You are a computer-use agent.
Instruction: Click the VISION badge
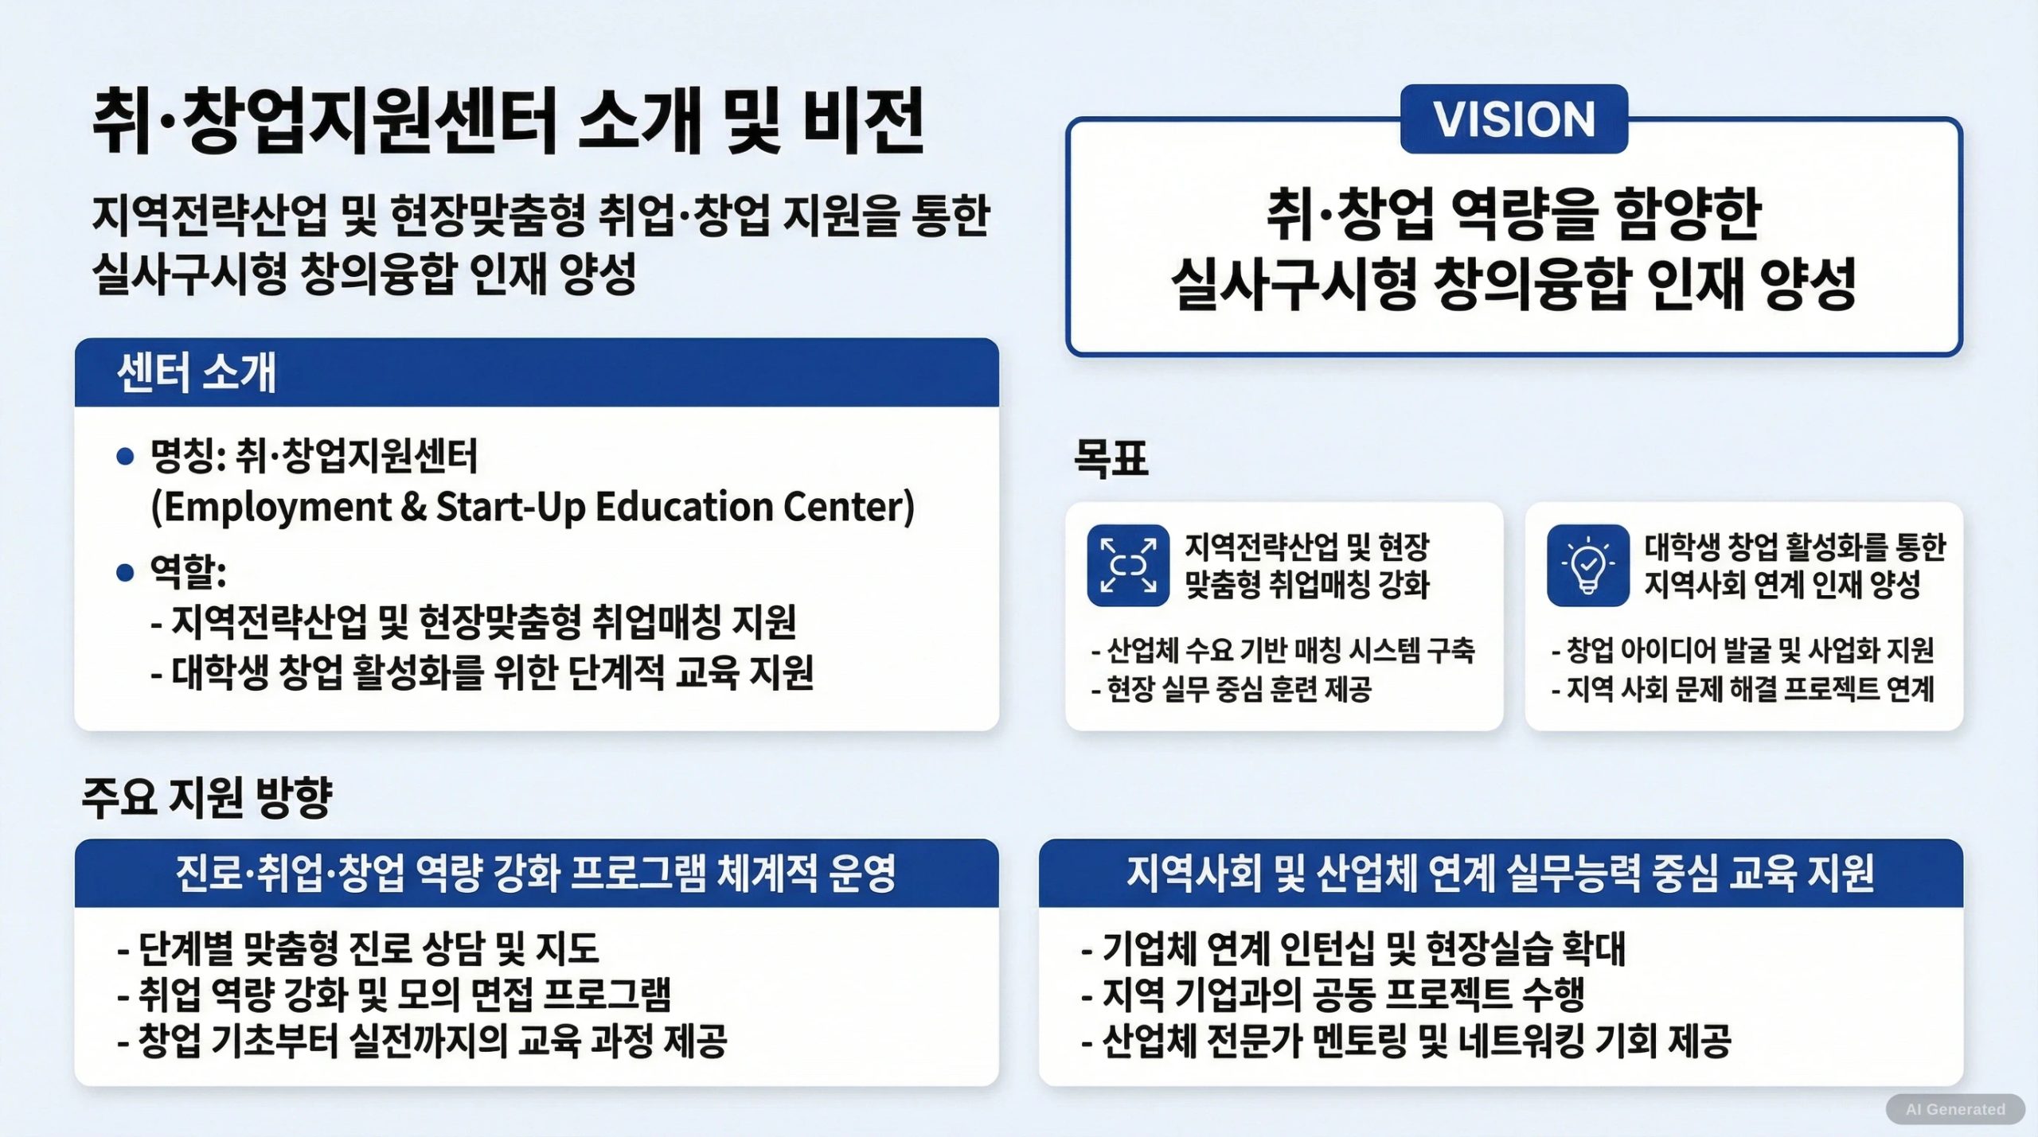point(1514,119)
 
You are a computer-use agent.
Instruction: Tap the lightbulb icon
point(1588,566)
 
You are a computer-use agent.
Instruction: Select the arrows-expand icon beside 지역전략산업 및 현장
point(1128,566)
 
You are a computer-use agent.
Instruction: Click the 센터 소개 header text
point(197,372)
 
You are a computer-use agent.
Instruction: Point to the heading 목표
point(1111,458)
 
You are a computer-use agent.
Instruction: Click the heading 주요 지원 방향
point(207,797)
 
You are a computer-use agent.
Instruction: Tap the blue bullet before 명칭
point(125,457)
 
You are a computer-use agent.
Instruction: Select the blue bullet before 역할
point(125,572)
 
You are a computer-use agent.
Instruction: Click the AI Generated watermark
point(1955,1109)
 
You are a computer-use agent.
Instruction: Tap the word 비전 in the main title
point(864,121)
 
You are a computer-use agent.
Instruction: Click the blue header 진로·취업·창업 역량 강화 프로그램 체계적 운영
point(536,874)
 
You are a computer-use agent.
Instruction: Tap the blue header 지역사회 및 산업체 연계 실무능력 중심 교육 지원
point(1500,874)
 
